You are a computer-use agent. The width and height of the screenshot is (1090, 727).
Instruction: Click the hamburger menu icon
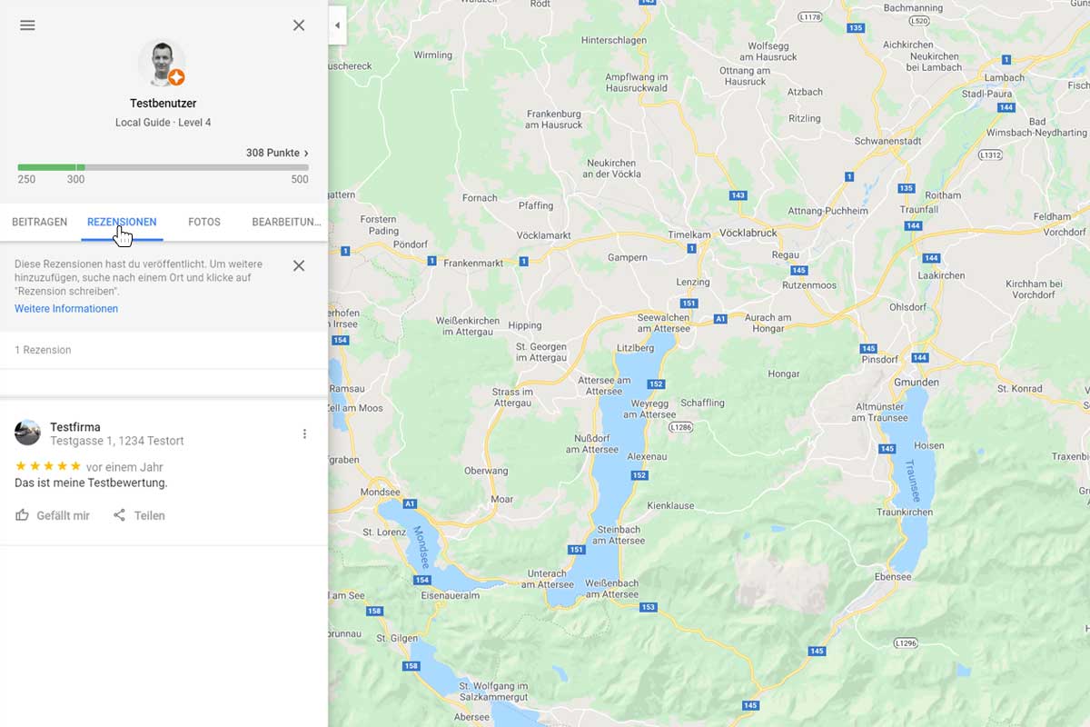(x=27, y=25)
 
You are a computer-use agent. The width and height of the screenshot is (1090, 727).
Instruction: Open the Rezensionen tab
(x=122, y=222)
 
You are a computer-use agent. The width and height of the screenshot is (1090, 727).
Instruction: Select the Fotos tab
(x=204, y=222)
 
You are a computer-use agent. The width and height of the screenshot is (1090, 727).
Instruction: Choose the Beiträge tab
(x=39, y=222)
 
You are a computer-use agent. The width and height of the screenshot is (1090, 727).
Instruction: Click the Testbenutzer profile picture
(x=162, y=63)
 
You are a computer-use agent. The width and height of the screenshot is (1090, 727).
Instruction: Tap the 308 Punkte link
(x=277, y=153)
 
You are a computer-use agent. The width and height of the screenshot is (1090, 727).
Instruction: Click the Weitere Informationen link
(x=66, y=309)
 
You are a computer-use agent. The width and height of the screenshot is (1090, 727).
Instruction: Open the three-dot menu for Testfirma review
(x=304, y=434)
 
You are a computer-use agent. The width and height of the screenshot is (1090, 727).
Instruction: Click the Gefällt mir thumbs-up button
(x=53, y=515)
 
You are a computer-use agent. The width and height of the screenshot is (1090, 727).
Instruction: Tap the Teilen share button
(x=139, y=515)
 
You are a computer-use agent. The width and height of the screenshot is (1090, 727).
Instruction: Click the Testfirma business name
(x=75, y=427)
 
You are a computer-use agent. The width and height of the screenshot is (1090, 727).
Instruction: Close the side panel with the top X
(x=299, y=25)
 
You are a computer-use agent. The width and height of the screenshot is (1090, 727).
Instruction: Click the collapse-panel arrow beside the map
(x=337, y=25)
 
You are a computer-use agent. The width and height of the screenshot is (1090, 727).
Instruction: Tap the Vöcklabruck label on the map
(x=748, y=233)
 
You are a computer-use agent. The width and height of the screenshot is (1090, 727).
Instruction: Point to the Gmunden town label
(x=917, y=383)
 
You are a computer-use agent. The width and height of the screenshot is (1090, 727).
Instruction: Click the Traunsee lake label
(x=911, y=481)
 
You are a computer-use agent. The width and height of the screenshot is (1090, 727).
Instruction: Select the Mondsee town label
(x=380, y=493)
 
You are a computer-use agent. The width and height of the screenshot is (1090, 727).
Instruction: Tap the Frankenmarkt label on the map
(x=472, y=264)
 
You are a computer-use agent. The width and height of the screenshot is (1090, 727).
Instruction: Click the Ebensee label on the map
(x=892, y=577)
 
